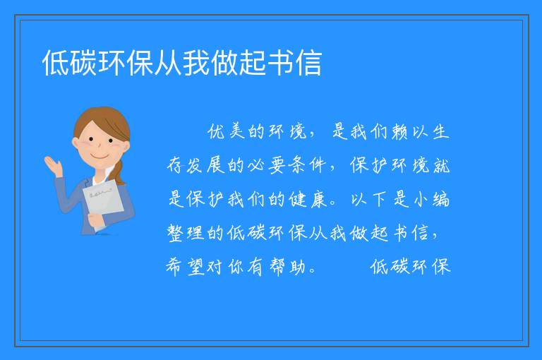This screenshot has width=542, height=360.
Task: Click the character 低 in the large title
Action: (56, 63)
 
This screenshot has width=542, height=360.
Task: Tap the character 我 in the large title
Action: (196, 63)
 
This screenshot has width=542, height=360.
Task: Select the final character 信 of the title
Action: (308, 63)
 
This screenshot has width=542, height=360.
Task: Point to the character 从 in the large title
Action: (168, 63)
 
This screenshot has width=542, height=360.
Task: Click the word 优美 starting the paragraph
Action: (227, 131)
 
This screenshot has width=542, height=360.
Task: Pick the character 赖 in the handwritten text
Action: (399, 131)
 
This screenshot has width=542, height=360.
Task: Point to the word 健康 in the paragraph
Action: (308, 199)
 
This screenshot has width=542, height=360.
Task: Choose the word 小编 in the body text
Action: (431, 199)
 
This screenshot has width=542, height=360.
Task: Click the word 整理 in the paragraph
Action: (186, 233)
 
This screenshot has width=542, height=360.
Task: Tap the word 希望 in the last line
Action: (186, 267)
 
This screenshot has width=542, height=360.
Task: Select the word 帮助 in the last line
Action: (288, 267)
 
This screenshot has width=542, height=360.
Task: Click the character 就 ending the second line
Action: (441, 165)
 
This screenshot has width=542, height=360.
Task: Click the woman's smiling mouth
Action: (100, 157)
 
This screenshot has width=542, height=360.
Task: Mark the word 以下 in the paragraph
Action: (368, 199)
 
